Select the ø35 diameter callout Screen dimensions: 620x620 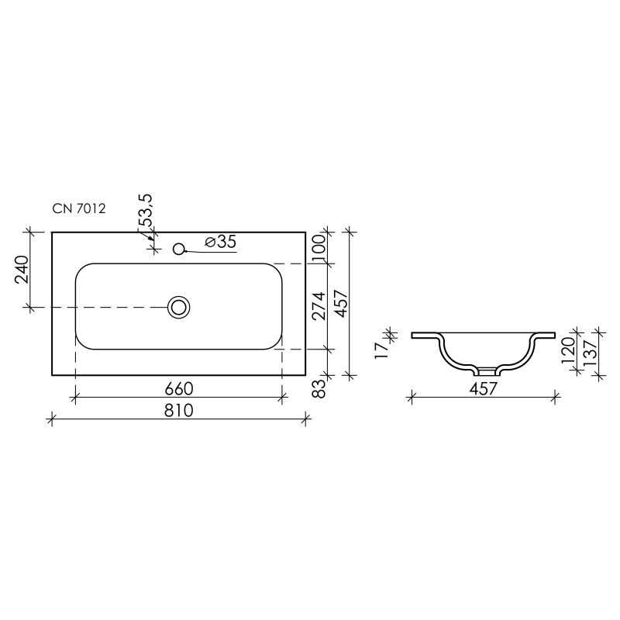[220, 242]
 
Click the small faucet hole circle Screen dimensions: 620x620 [179, 250]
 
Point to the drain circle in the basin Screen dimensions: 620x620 [180, 307]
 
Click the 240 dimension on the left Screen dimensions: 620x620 [22, 270]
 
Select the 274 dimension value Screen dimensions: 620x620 [317, 305]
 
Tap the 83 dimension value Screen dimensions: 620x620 [317, 387]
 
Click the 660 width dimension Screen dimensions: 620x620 [178, 387]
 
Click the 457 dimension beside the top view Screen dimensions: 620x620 [339, 302]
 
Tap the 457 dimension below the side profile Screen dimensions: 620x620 [482, 390]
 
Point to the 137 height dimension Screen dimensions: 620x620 [589, 353]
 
